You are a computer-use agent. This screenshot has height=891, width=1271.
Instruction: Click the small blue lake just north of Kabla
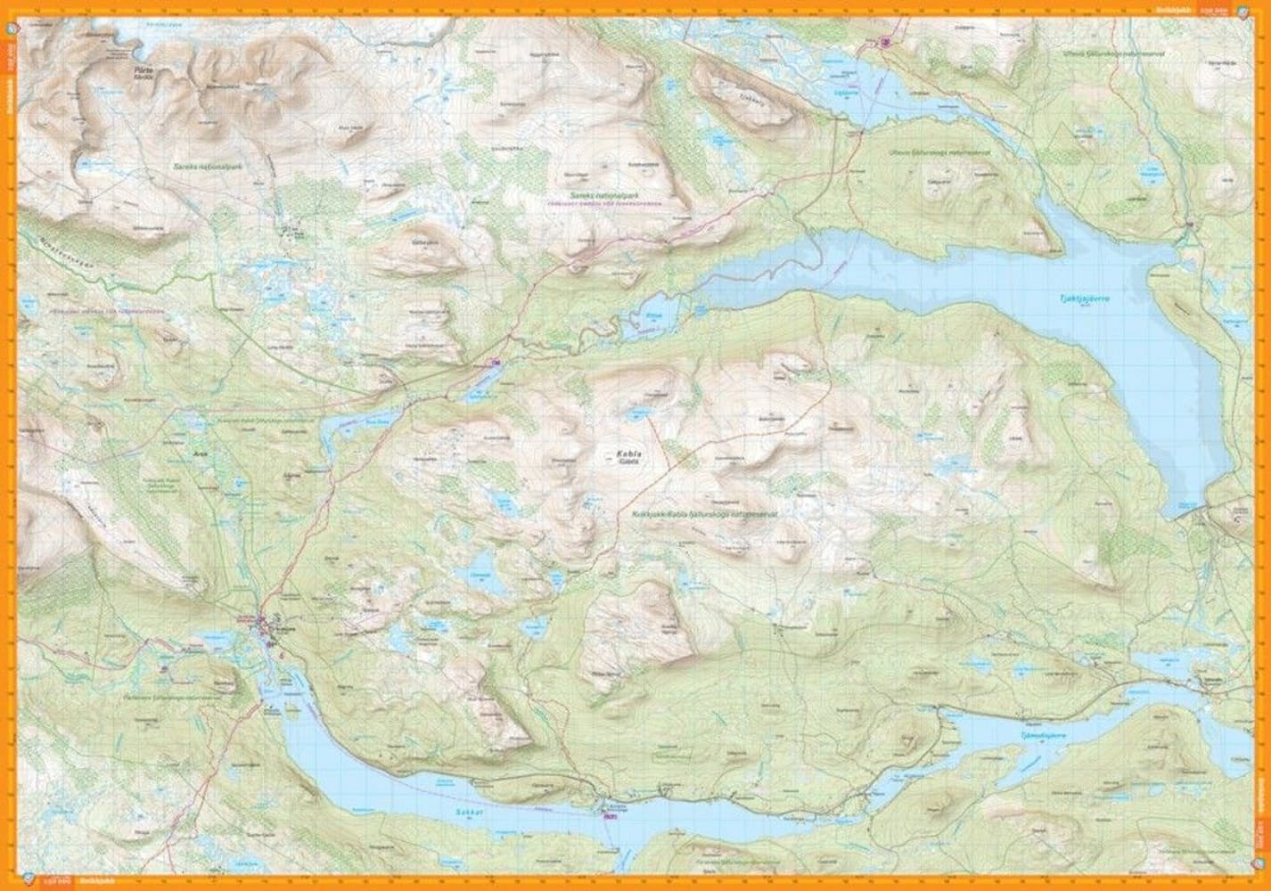click(639, 413)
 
